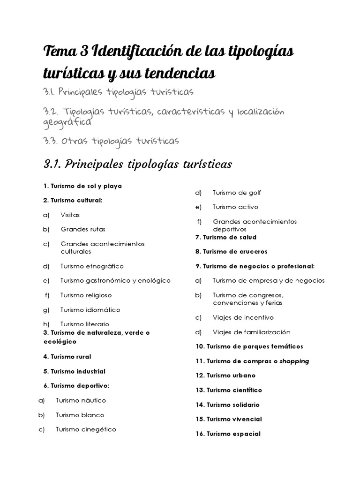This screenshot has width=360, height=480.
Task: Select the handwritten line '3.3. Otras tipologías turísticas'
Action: point(111,141)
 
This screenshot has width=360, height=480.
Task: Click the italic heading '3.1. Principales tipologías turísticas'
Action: point(138,165)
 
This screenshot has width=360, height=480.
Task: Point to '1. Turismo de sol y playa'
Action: point(82,186)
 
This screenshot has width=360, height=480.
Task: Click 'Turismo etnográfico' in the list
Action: point(92,266)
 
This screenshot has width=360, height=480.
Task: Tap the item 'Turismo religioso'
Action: point(86,295)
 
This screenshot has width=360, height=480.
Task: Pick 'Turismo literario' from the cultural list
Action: point(84,324)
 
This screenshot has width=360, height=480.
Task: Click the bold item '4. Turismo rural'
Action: point(67,357)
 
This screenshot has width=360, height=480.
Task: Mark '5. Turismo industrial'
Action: point(74,371)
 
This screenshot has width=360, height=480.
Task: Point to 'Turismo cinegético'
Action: point(86,429)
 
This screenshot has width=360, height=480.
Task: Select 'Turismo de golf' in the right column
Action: point(237,193)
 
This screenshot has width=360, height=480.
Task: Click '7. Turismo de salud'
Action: point(226,237)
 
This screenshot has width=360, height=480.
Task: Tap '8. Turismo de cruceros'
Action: point(231,252)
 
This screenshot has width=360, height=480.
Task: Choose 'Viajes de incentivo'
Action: point(243,317)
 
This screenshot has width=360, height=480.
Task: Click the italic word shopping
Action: point(294,361)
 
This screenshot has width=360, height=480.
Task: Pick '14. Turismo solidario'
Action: point(227,405)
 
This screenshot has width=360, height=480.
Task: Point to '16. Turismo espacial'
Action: point(228,434)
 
